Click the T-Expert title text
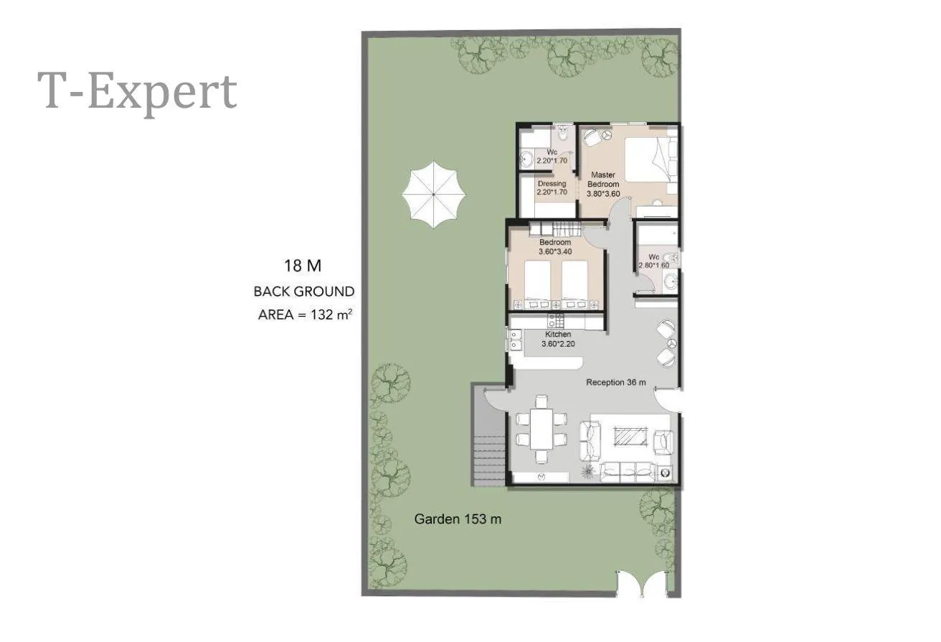click(x=138, y=92)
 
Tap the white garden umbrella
click(x=433, y=195)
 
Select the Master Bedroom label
click(x=603, y=180)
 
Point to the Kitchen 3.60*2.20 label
click(x=558, y=339)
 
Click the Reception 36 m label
click(x=616, y=383)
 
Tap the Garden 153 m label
click(x=458, y=518)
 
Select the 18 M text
click(x=303, y=266)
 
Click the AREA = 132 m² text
click(x=305, y=315)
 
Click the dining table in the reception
click(x=542, y=429)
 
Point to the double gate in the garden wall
click(x=642, y=584)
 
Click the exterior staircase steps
click(x=489, y=461)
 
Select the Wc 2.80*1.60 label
click(x=653, y=261)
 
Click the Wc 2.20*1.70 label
click(x=552, y=156)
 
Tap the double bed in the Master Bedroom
click(x=650, y=159)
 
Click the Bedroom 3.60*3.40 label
click(x=555, y=247)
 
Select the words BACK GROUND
click(x=303, y=291)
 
